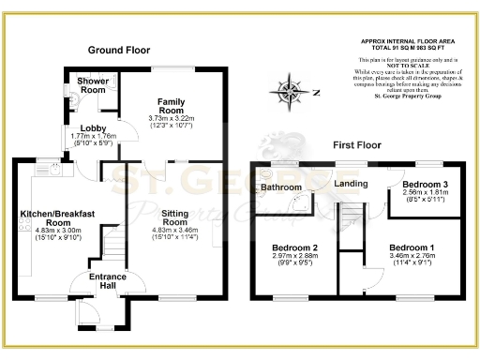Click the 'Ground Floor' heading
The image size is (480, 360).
[120, 49]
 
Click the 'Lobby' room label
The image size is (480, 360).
[92, 128]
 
